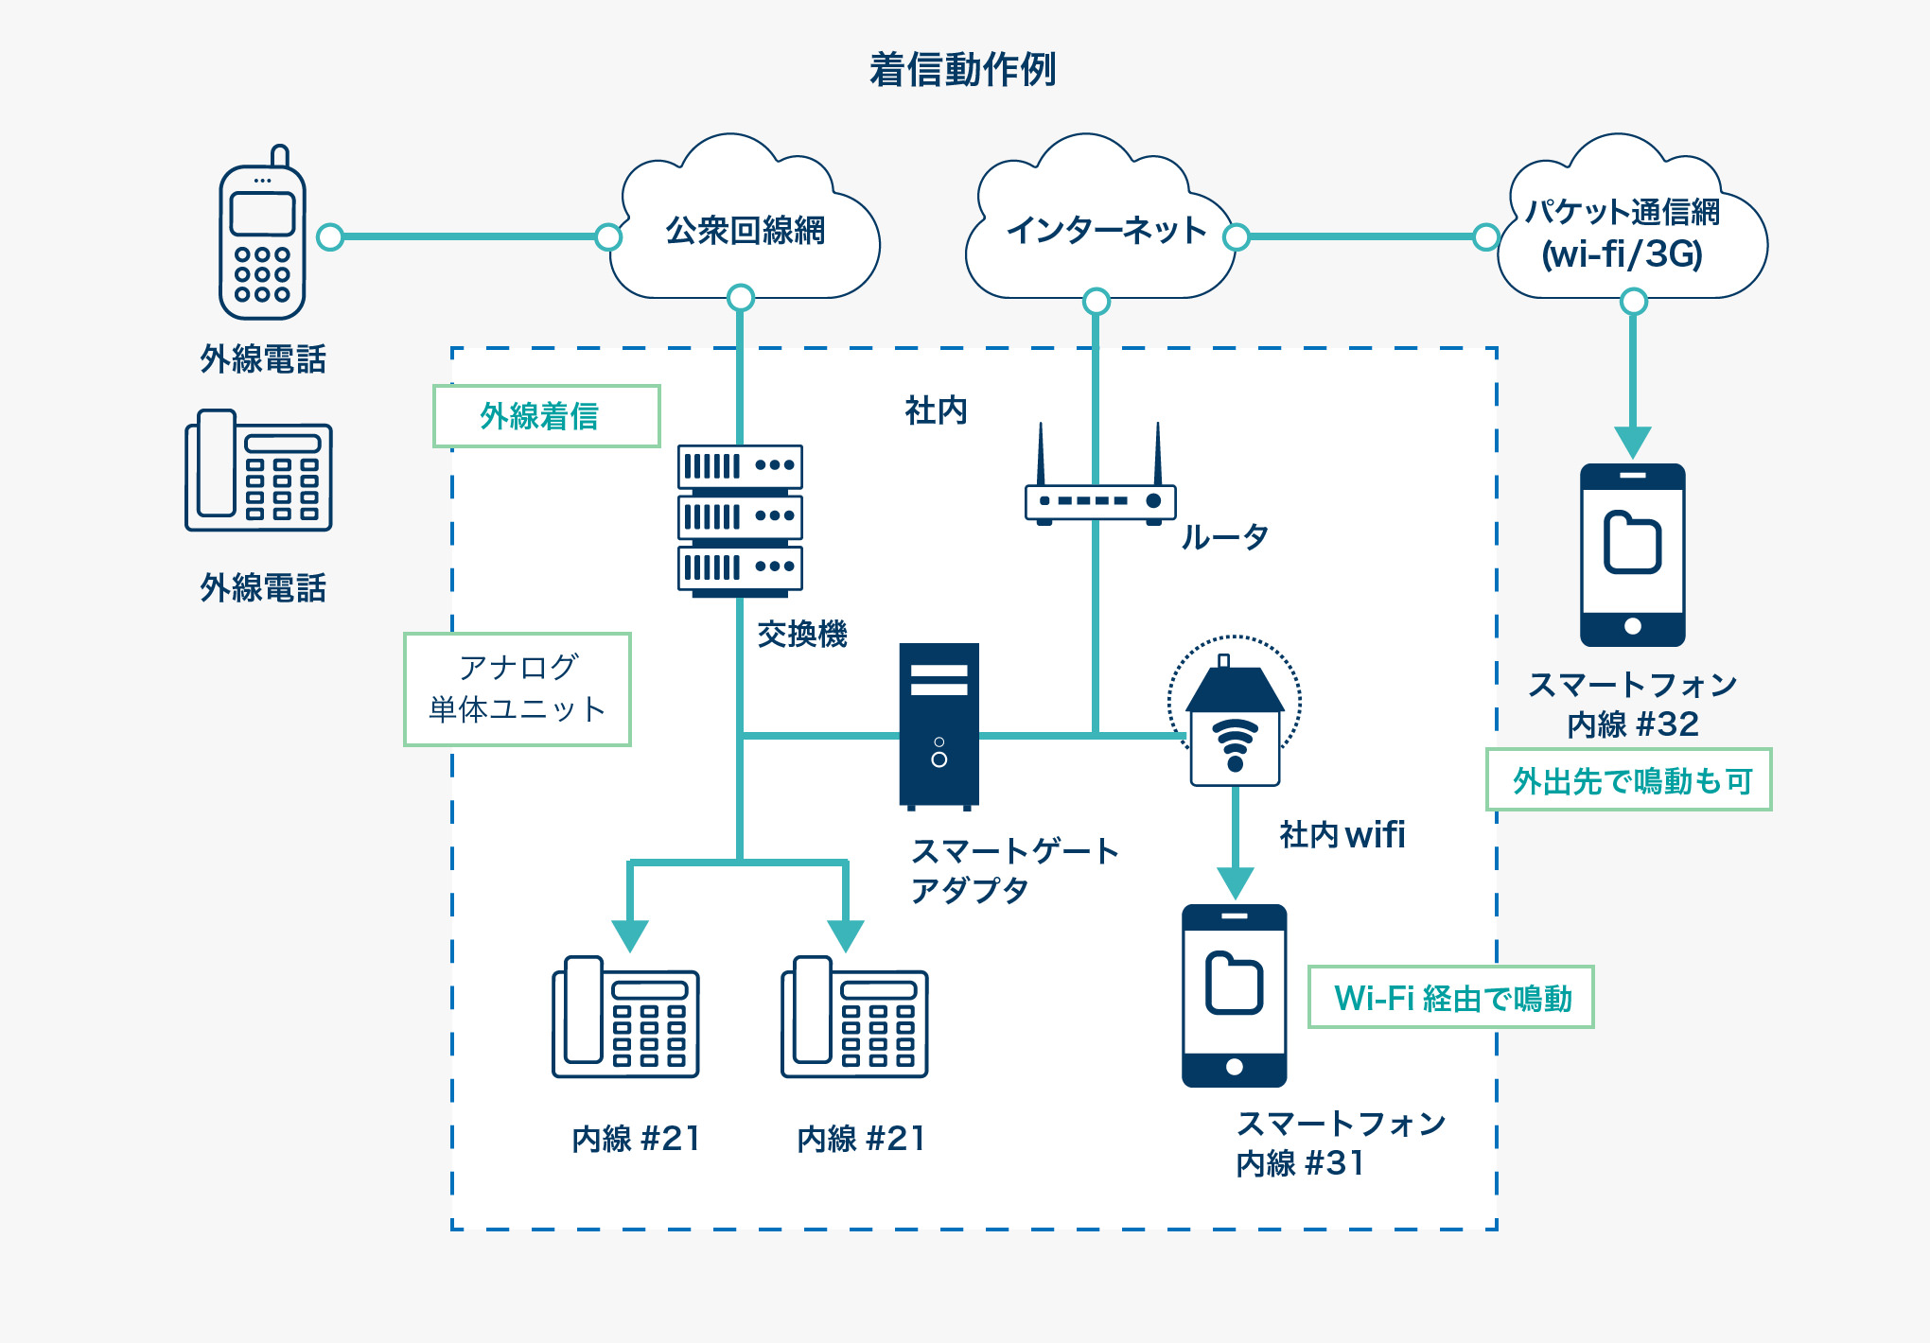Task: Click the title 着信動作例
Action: click(x=962, y=70)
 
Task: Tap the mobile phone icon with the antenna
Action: click(x=262, y=236)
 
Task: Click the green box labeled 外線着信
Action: click(x=546, y=416)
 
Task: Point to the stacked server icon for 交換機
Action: click(x=740, y=519)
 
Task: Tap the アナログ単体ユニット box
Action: click(x=518, y=689)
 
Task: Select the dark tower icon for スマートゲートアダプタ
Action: click(x=939, y=725)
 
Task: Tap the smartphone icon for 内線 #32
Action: click(x=1632, y=554)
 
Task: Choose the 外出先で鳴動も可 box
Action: click(x=1628, y=780)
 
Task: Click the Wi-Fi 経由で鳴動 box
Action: click(x=1450, y=997)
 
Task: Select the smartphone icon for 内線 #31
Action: click(x=1234, y=995)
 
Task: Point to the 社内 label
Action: click(x=936, y=410)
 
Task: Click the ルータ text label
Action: click(x=1224, y=537)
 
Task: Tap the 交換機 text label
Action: click(x=802, y=634)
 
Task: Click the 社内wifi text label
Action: click(x=1342, y=834)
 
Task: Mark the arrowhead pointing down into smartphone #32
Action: click(x=1633, y=442)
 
